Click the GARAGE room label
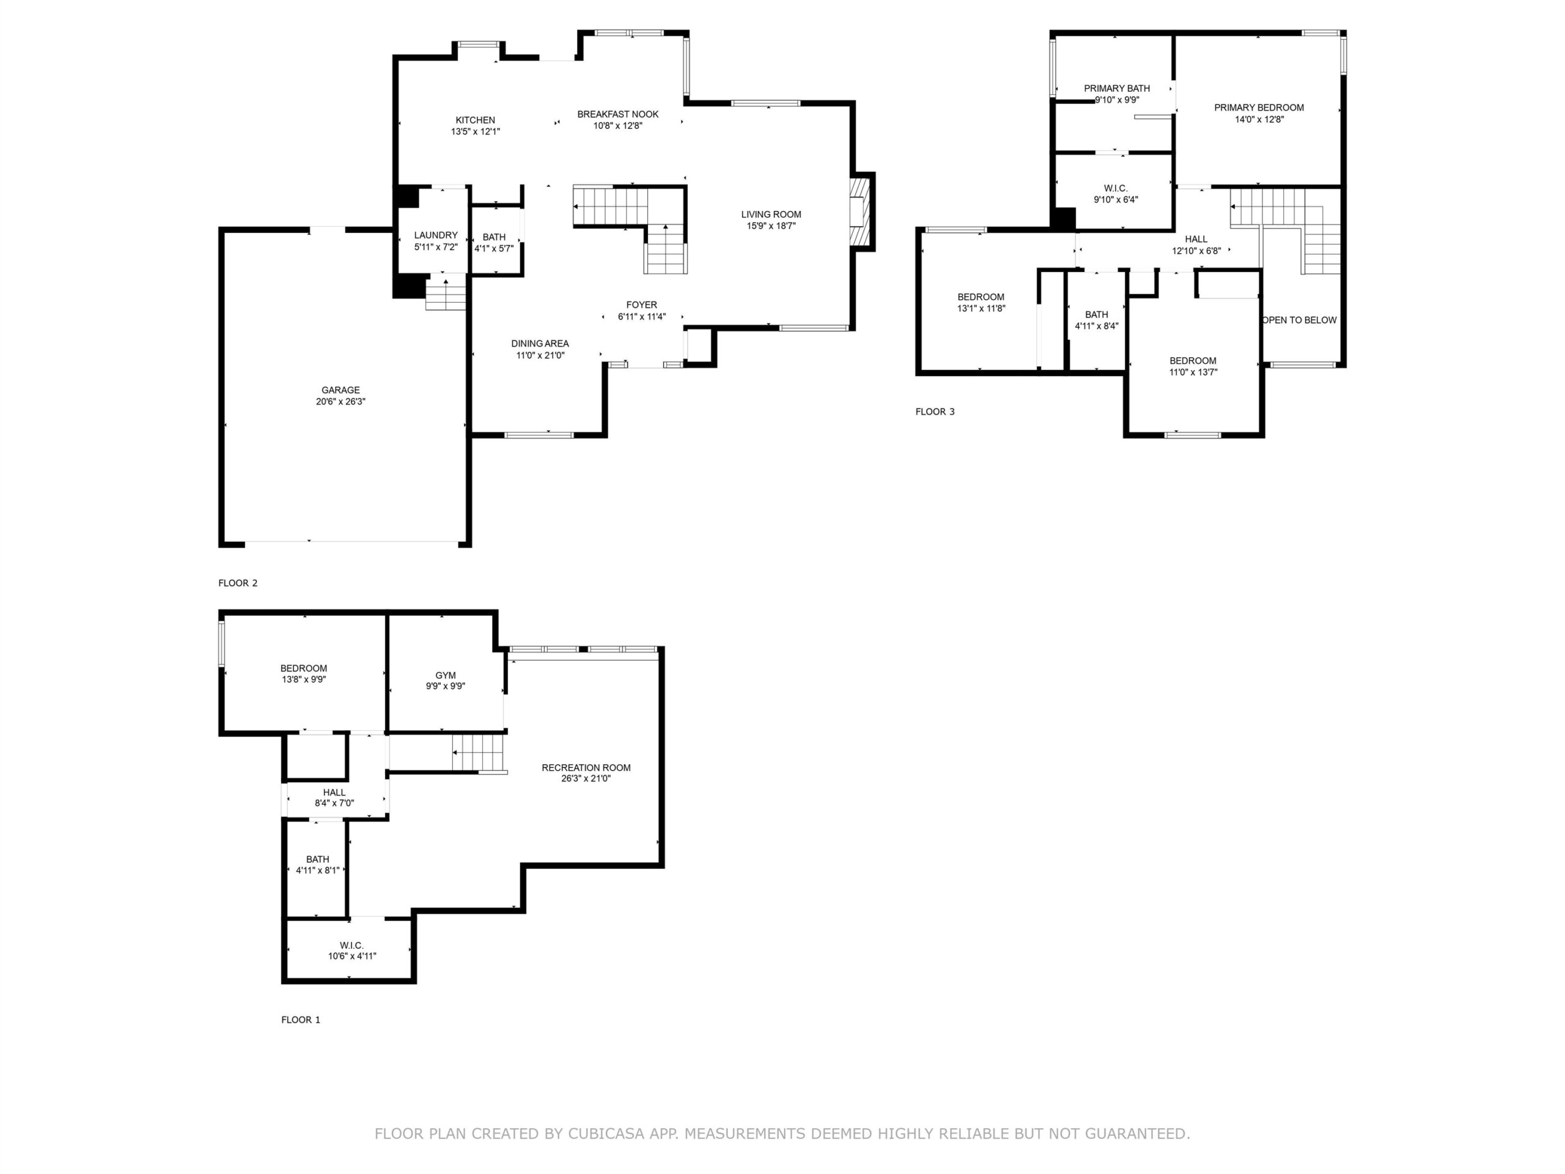(x=341, y=390)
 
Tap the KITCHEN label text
(x=476, y=120)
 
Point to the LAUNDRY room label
(x=436, y=235)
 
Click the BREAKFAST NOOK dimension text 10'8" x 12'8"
(x=617, y=126)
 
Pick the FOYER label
(x=642, y=305)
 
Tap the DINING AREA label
(x=540, y=344)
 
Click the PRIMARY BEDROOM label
(x=1259, y=108)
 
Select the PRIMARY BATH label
(x=1116, y=89)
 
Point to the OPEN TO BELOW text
(x=1300, y=320)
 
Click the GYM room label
(x=446, y=675)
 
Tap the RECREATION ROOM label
(x=586, y=767)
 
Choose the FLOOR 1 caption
(x=301, y=1020)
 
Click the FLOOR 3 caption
(x=935, y=412)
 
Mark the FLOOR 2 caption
(x=238, y=583)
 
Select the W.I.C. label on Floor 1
(x=352, y=945)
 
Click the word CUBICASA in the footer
(x=606, y=1134)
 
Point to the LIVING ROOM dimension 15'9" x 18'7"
(x=771, y=226)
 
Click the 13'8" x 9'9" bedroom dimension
(x=303, y=679)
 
